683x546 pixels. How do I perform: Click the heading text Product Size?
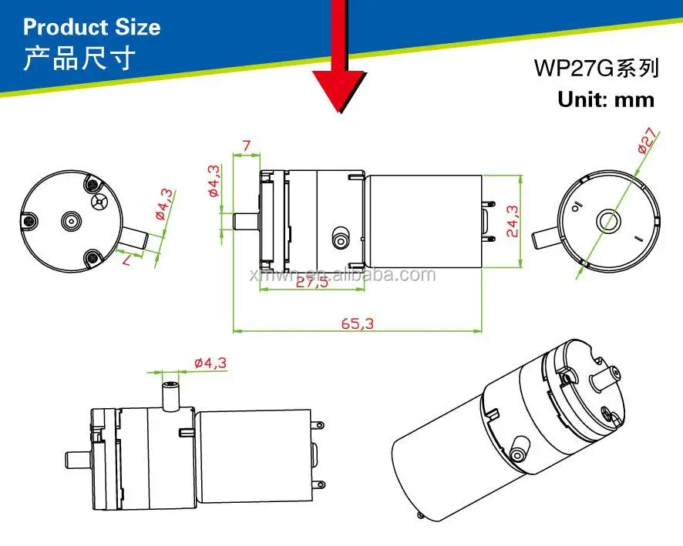pos(92,28)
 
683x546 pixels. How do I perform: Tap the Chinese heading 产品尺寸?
pos(79,59)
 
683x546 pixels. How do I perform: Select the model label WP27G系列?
pos(597,69)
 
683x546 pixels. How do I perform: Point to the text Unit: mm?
pos(606,99)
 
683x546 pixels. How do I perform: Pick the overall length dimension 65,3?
pos(357,323)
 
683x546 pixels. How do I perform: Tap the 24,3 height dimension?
pos(512,221)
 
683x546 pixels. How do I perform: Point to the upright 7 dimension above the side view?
pos(247,146)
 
